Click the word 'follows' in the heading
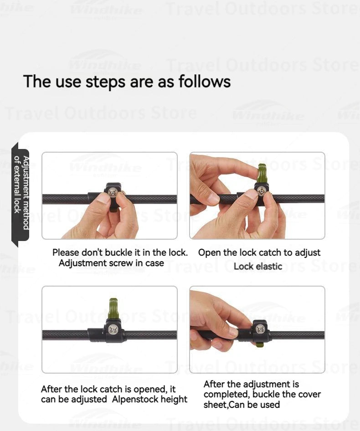coord(204,82)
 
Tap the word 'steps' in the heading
coord(105,82)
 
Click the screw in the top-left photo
coord(112,193)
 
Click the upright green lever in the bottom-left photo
coord(113,309)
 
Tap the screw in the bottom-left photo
coord(112,329)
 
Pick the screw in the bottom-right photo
coord(260,329)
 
